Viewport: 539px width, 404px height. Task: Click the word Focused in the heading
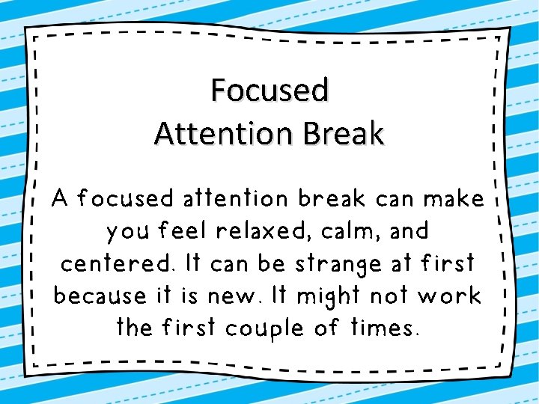click(269, 90)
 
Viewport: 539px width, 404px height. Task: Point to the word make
click(454, 199)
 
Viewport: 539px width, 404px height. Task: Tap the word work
click(449, 296)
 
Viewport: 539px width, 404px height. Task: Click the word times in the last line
click(385, 327)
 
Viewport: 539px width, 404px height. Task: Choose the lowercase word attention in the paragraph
click(232, 199)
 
